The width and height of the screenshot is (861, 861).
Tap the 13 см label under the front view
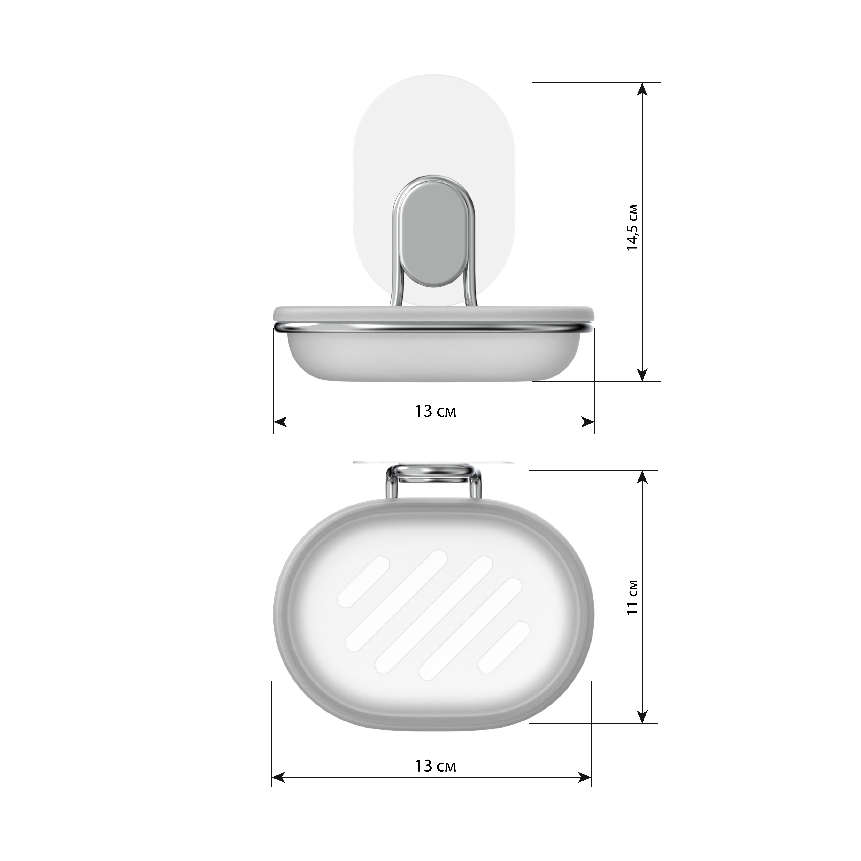(x=435, y=411)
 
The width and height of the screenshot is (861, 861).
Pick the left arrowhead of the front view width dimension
(x=280, y=422)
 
